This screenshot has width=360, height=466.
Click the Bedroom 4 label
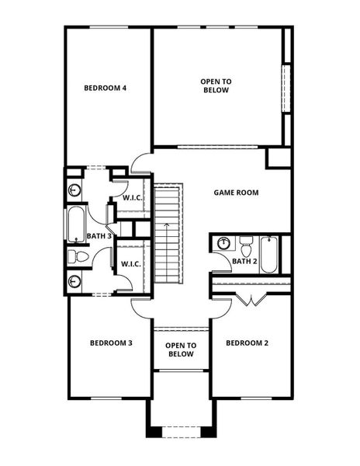pos(106,88)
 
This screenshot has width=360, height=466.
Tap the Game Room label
pos(237,193)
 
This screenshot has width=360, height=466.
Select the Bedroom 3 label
pos(110,343)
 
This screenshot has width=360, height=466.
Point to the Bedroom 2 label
pos(247,343)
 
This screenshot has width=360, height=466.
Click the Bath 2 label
pos(244,261)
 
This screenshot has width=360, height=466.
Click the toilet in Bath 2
pos(246,243)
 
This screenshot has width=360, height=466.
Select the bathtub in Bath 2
pos(268,253)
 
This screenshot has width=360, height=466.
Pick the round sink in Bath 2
pos(224,242)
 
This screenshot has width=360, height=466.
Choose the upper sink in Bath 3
pos(75,189)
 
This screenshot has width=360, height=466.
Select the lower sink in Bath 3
pos(75,281)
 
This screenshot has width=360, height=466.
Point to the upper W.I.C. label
pos(131,198)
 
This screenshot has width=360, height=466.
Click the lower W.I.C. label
pos(130,264)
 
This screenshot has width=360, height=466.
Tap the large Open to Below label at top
pos(216,85)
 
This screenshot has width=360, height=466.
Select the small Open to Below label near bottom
pos(181,349)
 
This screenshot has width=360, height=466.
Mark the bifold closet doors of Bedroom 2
pos(253,301)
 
